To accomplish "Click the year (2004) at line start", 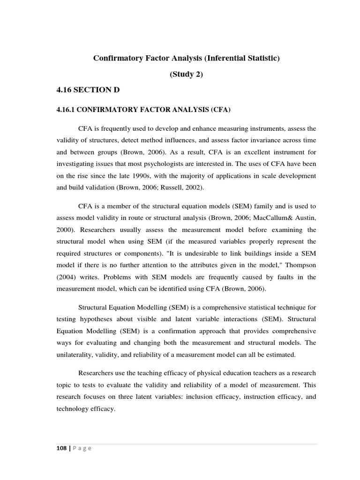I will point(67,277).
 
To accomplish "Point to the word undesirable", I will point(180,253).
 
